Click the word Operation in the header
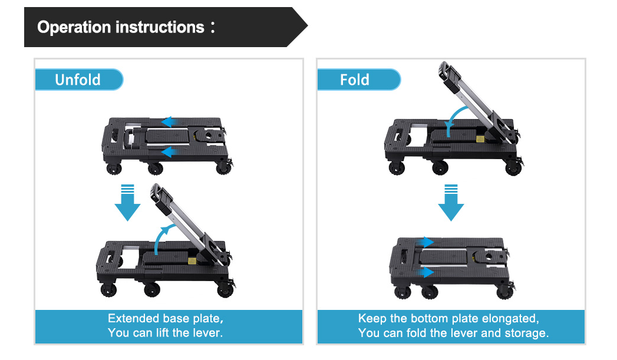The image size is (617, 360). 74,28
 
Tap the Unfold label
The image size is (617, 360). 78,80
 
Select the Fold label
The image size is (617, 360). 355,80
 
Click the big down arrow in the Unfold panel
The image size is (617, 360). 127,203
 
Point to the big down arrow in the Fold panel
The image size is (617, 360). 451,203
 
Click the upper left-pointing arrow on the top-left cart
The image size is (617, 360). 170,121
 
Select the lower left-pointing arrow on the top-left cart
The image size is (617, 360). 170,152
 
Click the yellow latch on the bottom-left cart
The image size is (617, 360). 192,260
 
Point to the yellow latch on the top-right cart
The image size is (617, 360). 480,139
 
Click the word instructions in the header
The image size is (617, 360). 160,28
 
